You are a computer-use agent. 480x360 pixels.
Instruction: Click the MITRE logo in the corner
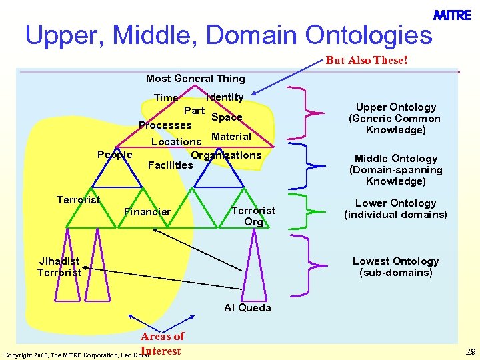(451, 15)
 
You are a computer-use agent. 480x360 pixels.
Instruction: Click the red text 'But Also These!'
(366, 61)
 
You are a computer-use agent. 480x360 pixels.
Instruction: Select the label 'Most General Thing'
(195, 79)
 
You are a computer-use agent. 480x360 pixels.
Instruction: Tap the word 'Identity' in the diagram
(225, 97)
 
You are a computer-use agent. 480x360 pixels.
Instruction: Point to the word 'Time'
(166, 98)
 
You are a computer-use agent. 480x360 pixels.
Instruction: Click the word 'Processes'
(165, 125)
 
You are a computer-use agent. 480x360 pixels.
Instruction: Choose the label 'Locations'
(176, 141)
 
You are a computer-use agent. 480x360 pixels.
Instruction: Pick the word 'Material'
(231, 137)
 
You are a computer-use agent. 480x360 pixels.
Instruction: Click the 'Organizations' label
(226, 155)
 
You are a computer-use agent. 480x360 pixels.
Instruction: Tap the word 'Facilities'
(170, 165)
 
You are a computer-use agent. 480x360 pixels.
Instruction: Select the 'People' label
(115, 155)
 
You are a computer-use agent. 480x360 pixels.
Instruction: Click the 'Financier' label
(147, 212)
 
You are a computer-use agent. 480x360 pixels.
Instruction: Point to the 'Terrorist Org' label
(253, 216)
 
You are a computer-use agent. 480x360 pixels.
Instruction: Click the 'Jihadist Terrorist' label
(59, 267)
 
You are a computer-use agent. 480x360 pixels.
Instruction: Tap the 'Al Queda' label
(247, 308)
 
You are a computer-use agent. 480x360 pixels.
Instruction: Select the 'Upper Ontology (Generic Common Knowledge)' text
(395, 119)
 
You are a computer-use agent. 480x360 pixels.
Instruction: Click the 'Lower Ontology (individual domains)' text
(395, 209)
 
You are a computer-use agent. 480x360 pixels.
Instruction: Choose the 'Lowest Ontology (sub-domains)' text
(395, 267)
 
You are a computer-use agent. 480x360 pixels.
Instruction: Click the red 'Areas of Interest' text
(162, 343)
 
